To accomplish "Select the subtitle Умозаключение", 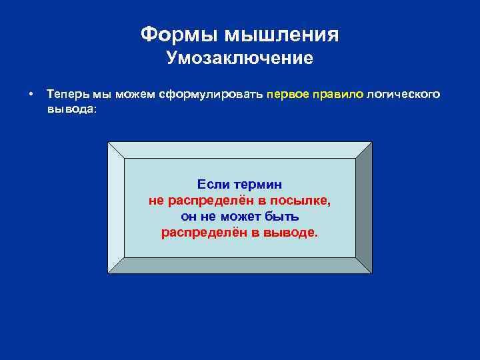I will (239, 59).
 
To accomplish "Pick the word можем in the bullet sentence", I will (135, 94).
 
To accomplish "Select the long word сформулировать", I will (211, 94).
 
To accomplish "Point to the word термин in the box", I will (259, 184).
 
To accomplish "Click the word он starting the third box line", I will (188, 216).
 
